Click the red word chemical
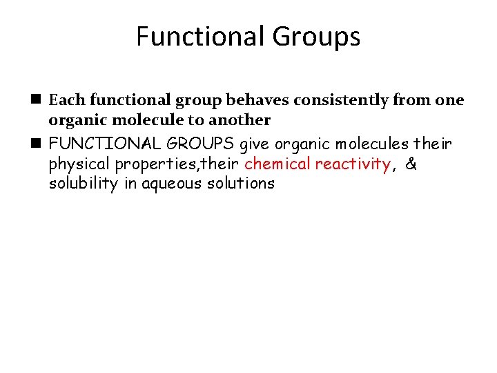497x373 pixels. (277, 164)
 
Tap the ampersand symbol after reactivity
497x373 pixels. (411, 164)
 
